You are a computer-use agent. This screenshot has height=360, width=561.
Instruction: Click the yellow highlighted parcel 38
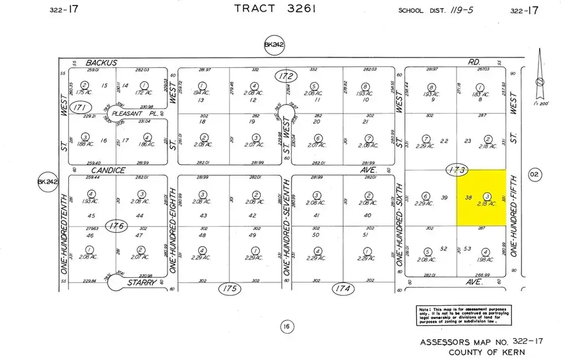[482, 197]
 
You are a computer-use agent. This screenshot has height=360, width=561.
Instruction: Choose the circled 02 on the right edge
[534, 175]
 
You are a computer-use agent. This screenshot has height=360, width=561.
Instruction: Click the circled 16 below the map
[285, 327]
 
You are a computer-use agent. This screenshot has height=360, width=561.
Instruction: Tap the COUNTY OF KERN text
[486, 352]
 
